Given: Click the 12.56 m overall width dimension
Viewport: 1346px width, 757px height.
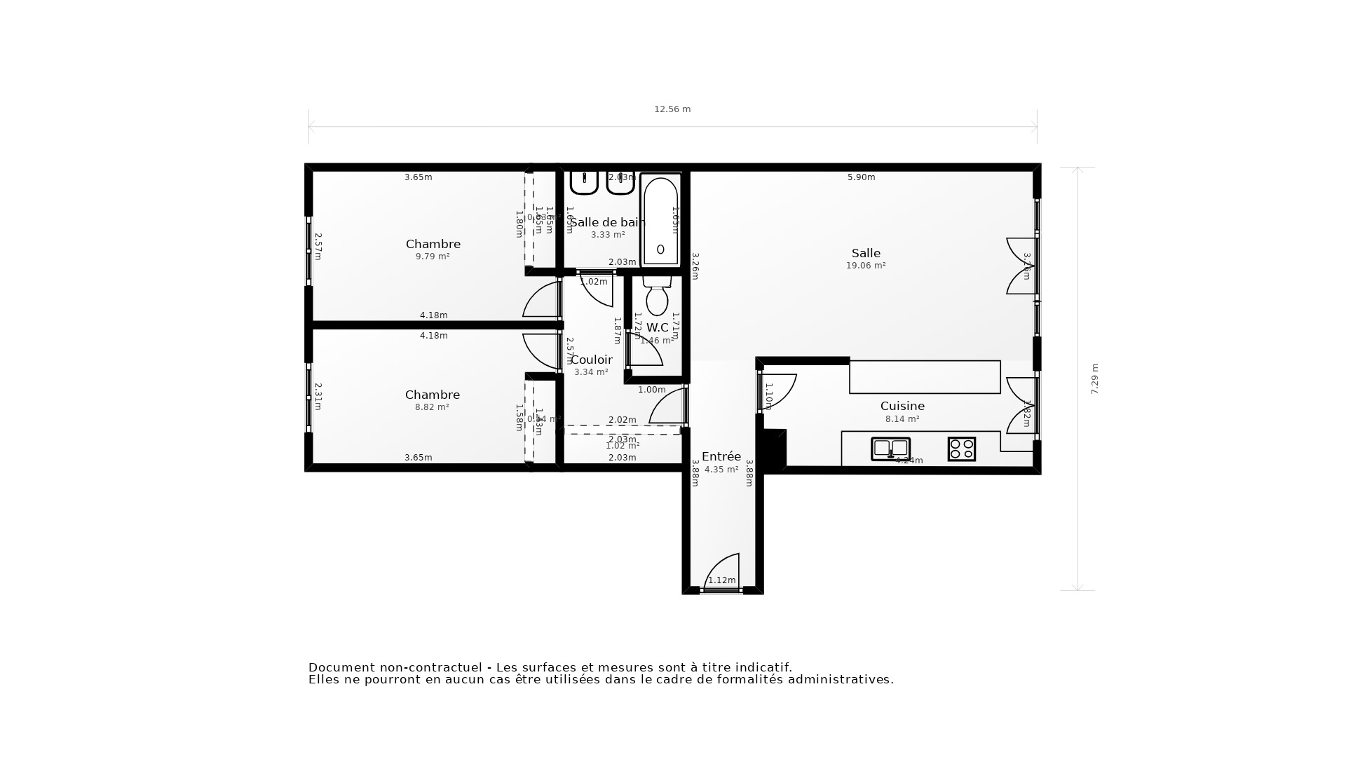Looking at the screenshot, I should (x=672, y=109).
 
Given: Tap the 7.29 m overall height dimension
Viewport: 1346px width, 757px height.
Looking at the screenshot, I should (x=1094, y=378).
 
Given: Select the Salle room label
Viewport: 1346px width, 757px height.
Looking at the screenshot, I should (x=866, y=253).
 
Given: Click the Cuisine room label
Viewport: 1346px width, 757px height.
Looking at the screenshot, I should (x=902, y=406).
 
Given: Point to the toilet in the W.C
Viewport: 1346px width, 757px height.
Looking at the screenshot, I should (x=657, y=297).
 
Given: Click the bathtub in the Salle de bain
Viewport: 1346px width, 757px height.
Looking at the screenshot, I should (x=660, y=220).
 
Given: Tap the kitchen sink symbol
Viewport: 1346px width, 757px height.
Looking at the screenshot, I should (x=890, y=449).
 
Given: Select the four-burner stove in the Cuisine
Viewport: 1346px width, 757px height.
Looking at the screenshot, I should (x=961, y=449).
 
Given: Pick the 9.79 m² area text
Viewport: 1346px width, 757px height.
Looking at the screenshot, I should (x=433, y=257).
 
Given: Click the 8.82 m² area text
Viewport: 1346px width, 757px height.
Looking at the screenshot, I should (x=432, y=407).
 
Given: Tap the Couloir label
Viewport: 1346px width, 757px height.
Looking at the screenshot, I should (x=592, y=360).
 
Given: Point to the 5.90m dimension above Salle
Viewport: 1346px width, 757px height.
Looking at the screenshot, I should (x=861, y=177).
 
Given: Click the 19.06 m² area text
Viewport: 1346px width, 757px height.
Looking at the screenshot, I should (x=866, y=266).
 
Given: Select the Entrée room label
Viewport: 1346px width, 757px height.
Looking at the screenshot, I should (x=721, y=456).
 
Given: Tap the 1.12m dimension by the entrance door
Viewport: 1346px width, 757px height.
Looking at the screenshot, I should (x=721, y=580).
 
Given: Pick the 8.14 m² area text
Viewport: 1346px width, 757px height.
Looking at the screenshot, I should (x=902, y=419).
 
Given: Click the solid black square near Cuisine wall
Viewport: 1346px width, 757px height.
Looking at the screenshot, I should (x=775, y=449).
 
